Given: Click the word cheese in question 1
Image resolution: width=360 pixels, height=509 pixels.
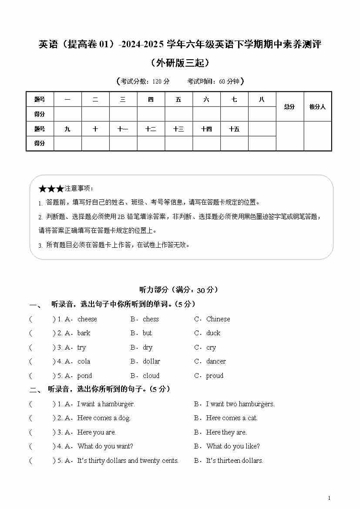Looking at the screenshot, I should point(87,319).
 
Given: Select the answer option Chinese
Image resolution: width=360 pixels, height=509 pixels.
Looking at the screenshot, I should point(218,319).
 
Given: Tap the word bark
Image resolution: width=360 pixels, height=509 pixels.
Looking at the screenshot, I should point(84,333).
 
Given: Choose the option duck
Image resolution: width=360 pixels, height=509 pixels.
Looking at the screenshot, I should point(213,333).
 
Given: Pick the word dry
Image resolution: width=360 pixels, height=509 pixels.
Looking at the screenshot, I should point(148,347).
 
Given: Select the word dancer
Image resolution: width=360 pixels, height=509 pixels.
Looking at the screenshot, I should point(216,361).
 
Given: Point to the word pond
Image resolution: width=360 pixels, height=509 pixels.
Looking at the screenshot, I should point(84,376).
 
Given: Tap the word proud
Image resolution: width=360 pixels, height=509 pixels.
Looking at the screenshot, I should point(215,376).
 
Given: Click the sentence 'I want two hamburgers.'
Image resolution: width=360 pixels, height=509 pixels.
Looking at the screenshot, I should point(240,404).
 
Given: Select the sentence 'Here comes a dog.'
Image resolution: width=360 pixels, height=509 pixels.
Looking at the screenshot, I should point(104,418).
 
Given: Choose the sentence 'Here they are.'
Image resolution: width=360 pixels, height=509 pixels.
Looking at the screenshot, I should point(226,432).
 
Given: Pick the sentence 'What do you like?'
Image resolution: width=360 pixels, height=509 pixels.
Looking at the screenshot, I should point(233,446).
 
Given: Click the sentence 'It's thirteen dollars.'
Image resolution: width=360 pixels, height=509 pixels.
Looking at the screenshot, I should point(234,461).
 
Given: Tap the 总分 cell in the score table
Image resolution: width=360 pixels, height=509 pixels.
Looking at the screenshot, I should point(289,107).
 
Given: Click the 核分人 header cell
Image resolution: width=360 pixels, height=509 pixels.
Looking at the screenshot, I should point(317,107).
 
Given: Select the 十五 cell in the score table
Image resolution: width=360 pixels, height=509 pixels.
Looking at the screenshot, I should point(234,129).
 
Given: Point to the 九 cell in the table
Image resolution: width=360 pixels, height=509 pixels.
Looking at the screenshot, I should point(67,129).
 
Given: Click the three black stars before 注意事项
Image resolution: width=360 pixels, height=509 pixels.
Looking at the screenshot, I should point(51,189).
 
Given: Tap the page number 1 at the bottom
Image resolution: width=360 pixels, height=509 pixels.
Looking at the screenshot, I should point(329,498).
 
